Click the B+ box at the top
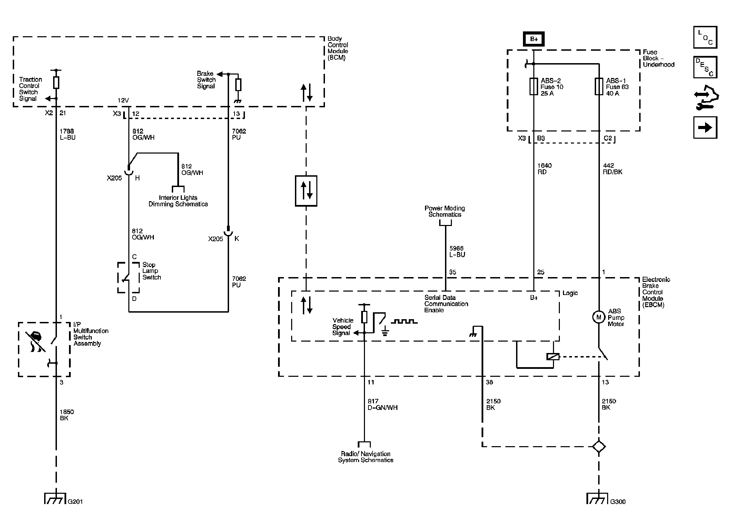(534, 39)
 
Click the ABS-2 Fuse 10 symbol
(534, 86)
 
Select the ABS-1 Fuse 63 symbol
(599, 86)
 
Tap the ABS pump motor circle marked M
(599, 317)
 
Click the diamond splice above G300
(599, 446)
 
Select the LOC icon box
(705, 37)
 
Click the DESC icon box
(705, 67)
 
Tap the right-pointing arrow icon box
(705, 128)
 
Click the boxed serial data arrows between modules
(306, 191)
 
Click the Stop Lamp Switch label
(151, 271)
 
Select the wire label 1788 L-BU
(67, 134)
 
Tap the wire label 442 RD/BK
(613, 169)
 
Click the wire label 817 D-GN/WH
(382, 404)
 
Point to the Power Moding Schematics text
(445, 211)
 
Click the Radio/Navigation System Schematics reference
(365, 457)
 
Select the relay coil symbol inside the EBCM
(553, 357)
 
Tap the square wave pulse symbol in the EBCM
(404, 322)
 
